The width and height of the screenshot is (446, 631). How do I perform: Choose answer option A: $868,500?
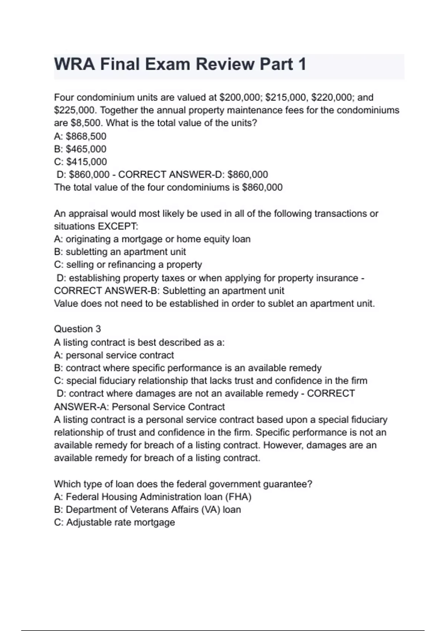[x=80, y=136]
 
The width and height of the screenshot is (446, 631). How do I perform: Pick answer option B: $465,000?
[x=80, y=149]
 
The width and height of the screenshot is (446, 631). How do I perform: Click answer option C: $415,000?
[x=80, y=162]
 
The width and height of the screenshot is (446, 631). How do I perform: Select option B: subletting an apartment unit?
[x=120, y=252]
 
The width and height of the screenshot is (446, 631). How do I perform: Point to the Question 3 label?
[x=77, y=329]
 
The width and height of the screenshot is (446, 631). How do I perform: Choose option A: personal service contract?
[x=114, y=355]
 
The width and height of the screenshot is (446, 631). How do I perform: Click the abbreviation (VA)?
[x=210, y=510]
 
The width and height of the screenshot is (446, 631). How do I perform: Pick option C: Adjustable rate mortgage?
[x=114, y=522]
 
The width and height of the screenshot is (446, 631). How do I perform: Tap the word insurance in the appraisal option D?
[x=337, y=278]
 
